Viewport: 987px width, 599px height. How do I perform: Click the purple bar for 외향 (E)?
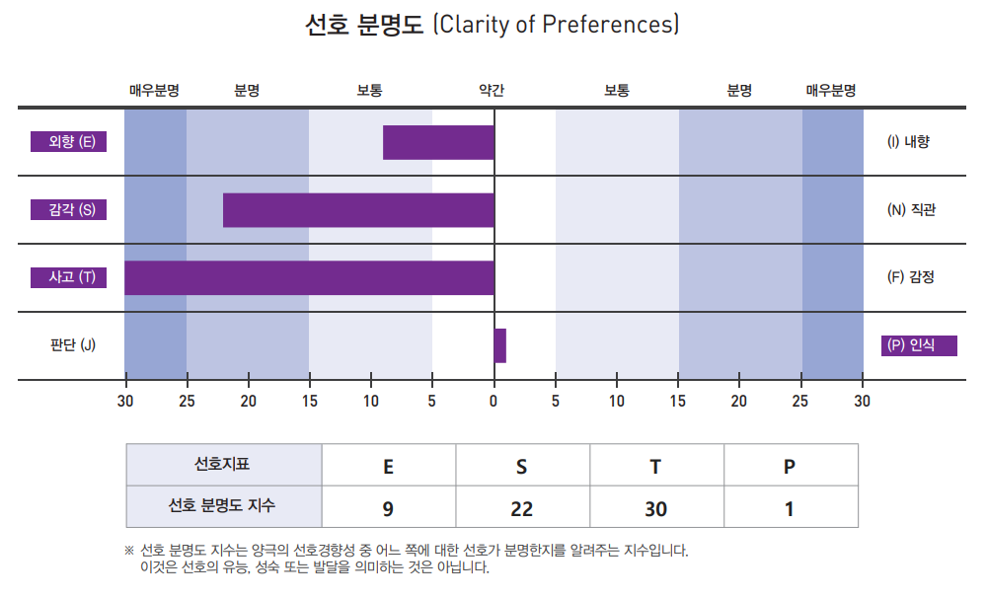click(x=438, y=143)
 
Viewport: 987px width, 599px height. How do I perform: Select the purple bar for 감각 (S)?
click(x=358, y=210)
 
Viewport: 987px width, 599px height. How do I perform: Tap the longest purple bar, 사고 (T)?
click(x=309, y=277)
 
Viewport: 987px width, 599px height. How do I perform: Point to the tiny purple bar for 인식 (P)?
click(x=500, y=345)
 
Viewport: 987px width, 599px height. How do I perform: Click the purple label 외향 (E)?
click(x=68, y=142)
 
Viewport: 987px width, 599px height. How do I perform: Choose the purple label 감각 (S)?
click(x=68, y=209)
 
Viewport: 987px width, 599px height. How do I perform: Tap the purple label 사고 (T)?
click(x=68, y=277)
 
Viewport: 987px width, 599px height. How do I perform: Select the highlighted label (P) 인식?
click(x=919, y=345)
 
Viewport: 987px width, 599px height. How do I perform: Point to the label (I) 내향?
click(x=908, y=142)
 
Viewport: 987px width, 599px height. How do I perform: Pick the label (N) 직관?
click(x=910, y=209)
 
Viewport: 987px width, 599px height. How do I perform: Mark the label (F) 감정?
click(x=910, y=277)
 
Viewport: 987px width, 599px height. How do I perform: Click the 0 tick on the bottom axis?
click(x=493, y=401)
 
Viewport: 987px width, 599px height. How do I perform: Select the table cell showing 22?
click(x=522, y=509)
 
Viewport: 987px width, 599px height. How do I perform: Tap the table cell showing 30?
click(x=656, y=509)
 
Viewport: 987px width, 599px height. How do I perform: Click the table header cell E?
click(x=388, y=466)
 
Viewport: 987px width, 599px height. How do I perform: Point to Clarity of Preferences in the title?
click(x=556, y=25)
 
